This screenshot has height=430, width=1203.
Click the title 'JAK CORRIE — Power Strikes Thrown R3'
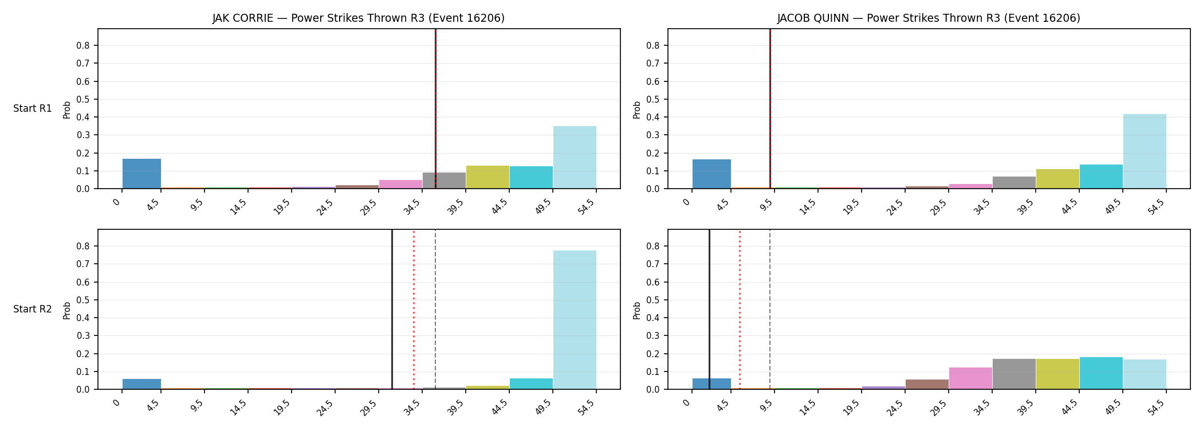(320, 18)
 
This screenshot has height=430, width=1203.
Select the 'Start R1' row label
(33, 109)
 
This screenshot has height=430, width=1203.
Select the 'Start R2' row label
(33, 310)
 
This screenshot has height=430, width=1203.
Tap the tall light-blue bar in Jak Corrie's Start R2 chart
(575, 320)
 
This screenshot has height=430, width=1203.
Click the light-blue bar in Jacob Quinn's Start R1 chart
(1145, 151)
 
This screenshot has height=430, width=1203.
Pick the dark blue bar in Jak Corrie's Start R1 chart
(141, 174)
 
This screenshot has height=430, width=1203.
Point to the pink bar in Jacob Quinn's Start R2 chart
(970, 378)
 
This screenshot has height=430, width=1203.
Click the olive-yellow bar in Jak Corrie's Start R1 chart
(488, 177)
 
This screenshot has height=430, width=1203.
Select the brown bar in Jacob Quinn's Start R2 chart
(927, 384)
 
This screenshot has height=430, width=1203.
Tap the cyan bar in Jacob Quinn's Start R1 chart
(1101, 177)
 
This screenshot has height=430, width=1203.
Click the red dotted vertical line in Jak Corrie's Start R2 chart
(414, 310)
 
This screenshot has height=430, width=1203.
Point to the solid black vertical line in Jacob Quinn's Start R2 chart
(709, 310)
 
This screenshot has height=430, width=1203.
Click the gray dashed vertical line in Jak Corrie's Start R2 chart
(435, 310)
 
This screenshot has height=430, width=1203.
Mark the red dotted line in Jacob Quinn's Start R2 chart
(740, 310)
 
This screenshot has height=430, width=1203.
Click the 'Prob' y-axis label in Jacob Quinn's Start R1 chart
(637, 110)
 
